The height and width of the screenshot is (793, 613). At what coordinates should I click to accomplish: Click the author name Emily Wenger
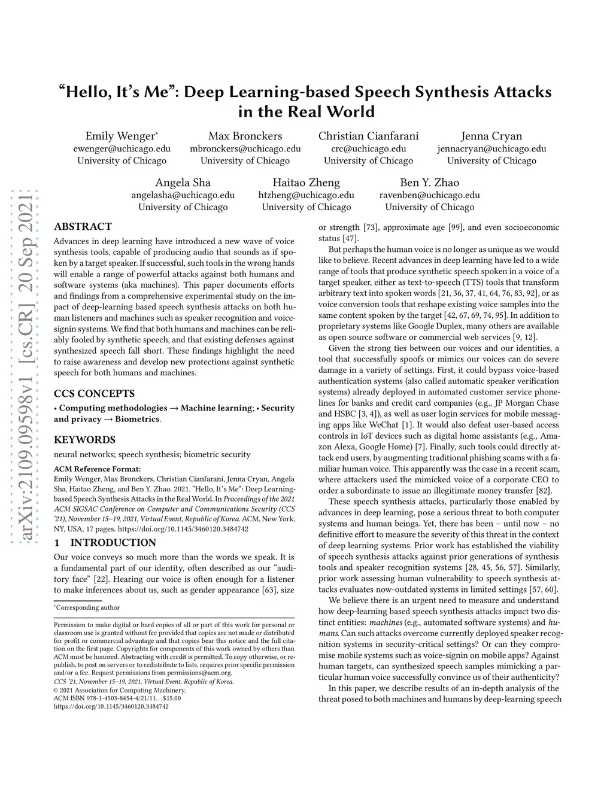click(x=120, y=136)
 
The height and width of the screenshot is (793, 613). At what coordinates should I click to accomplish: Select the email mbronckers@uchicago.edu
click(x=245, y=148)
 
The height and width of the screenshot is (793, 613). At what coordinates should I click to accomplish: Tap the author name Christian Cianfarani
click(x=368, y=136)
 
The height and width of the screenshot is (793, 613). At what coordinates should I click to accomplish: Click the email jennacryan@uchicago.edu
click(x=491, y=148)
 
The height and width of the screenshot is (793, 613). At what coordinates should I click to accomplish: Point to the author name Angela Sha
click(x=183, y=183)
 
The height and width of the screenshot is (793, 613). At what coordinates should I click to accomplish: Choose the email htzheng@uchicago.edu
click(x=306, y=195)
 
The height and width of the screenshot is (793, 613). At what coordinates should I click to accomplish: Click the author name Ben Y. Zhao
click(x=429, y=183)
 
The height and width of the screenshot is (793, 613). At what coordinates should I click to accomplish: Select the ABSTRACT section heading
click(x=83, y=227)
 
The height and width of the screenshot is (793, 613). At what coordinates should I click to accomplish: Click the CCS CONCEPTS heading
click(x=94, y=394)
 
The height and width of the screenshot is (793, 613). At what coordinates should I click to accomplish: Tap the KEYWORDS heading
click(x=84, y=440)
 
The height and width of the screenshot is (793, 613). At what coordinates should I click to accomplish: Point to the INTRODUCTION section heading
click(x=113, y=543)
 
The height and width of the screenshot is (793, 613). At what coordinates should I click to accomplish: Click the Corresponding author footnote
click(x=88, y=608)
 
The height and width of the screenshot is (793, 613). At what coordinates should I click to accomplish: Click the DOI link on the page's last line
click(x=111, y=706)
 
